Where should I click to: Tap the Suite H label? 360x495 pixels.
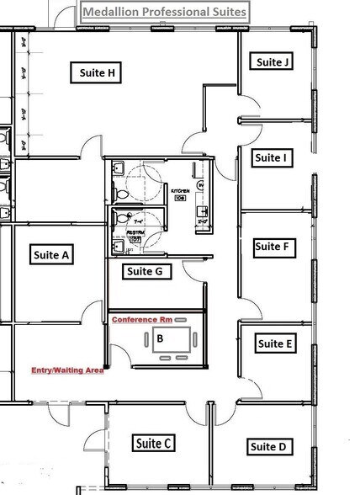(x=98, y=73)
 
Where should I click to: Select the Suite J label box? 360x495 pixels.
(x=273, y=61)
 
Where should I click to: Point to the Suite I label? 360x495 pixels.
(x=271, y=157)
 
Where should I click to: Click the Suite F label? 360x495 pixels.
(x=272, y=247)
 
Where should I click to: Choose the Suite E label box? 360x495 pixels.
(x=275, y=343)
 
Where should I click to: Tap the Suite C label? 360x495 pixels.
(x=153, y=443)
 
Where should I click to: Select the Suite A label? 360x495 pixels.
(x=51, y=254)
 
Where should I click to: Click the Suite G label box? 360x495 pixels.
(x=148, y=271)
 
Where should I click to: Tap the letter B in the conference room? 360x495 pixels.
(x=160, y=339)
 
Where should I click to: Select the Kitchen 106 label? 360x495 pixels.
(x=179, y=194)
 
